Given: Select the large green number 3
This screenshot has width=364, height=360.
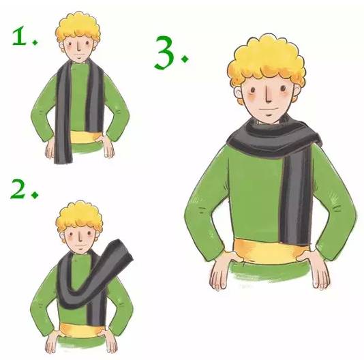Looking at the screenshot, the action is (164, 53).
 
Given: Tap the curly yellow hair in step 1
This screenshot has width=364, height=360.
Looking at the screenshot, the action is (78, 27).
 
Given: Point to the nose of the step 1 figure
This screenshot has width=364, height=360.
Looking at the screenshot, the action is (79, 46).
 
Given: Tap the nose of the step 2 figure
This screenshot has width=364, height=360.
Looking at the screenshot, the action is (80, 237).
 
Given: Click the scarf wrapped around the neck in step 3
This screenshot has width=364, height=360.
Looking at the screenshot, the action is (274, 137).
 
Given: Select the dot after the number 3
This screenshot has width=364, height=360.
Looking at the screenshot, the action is (185, 59).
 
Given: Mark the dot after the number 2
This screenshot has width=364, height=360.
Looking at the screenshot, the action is (35, 194).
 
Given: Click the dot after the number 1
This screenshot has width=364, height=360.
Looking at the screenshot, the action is (35, 42).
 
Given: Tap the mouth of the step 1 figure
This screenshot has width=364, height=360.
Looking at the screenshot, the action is (79, 55).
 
